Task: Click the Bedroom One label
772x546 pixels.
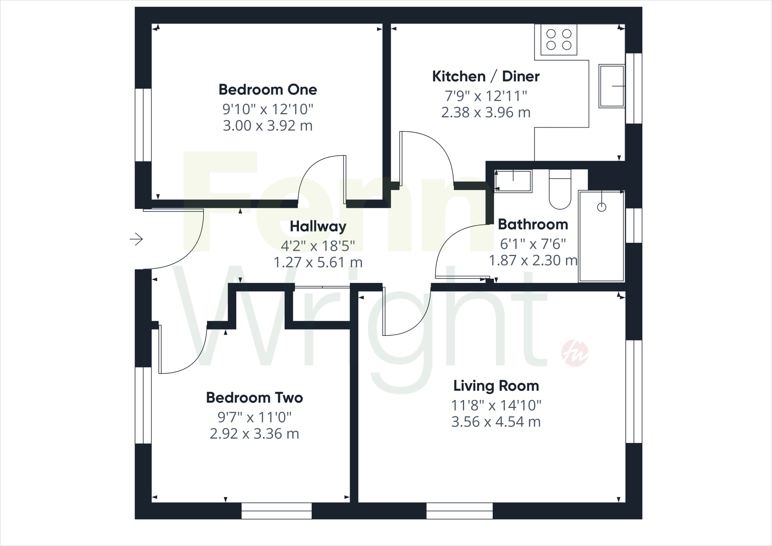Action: coord(268,90)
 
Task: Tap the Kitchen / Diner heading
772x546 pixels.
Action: coord(486,77)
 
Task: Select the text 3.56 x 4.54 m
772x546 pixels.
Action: coord(496,422)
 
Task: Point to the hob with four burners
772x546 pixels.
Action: coord(559,40)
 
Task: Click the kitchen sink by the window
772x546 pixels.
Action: coord(611,86)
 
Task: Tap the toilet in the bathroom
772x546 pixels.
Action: coord(560,190)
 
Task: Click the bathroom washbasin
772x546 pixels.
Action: coord(513,181)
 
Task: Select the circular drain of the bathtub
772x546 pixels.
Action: coord(602,207)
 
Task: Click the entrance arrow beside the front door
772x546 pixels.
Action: coord(136,239)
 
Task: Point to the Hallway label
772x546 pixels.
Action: coord(318,227)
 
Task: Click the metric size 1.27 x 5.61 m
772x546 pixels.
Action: coord(318,262)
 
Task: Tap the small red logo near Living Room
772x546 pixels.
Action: coord(574,353)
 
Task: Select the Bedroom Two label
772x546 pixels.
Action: coord(254,398)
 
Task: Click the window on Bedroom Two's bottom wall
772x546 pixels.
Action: coord(276,511)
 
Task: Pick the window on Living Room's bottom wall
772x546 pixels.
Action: coord(459,511)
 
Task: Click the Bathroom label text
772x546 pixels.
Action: coord(533,224)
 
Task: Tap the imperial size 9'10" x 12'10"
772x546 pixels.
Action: coord(268,109)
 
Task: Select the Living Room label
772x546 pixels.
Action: coord(496,386)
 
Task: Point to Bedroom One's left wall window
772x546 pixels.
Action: coord(143,125)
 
